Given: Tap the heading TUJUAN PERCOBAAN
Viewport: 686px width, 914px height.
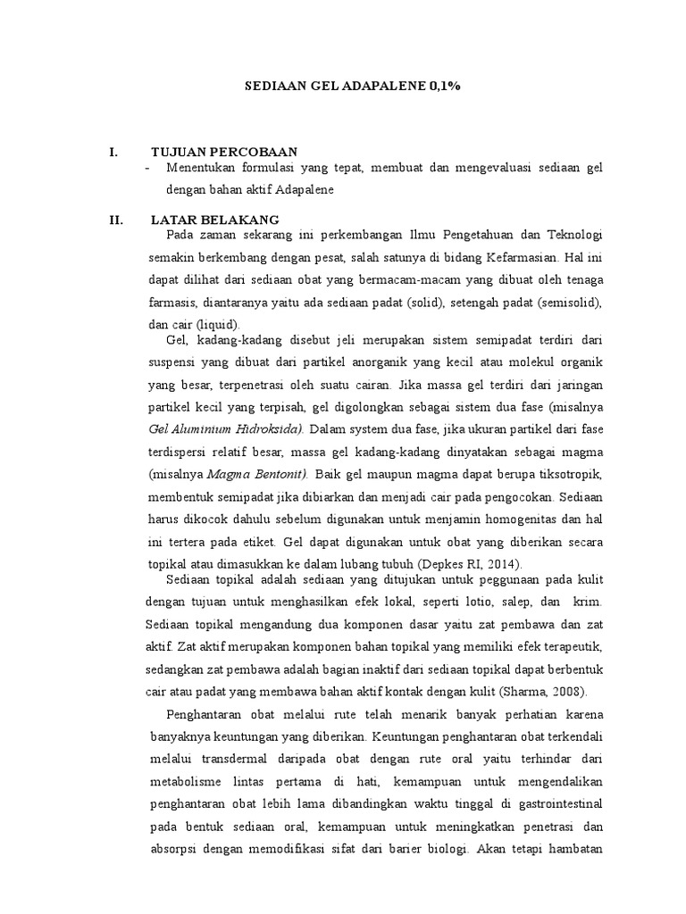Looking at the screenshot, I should click(224, 152).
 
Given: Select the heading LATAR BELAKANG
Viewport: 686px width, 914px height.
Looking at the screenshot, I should click(215, 220).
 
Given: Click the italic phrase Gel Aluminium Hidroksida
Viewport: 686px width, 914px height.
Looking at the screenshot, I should click(227, 428).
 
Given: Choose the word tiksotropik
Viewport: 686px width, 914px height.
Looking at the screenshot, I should click(570, 472).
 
